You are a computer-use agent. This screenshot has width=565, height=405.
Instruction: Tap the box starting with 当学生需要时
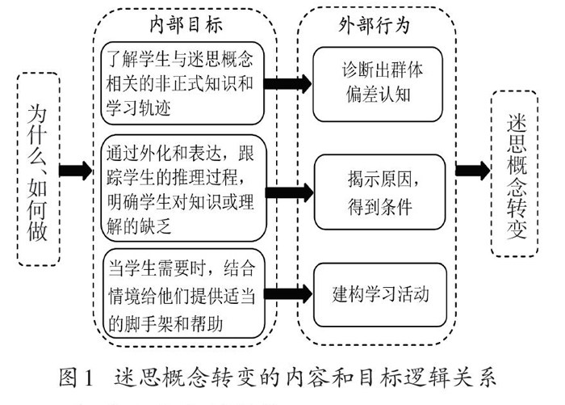(x=182, y=293)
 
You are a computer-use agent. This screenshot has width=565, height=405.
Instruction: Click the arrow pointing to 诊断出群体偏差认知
(x=287, y=82)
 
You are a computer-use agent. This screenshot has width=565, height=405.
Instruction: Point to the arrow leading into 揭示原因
(x=287, y=192)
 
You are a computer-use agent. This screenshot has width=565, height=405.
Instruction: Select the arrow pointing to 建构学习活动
(x=287, y=293)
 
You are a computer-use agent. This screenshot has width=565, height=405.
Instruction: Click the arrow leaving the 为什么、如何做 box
(x=76, y=171)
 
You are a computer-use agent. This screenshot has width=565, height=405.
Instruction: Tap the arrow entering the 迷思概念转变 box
(x=471, y=170)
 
